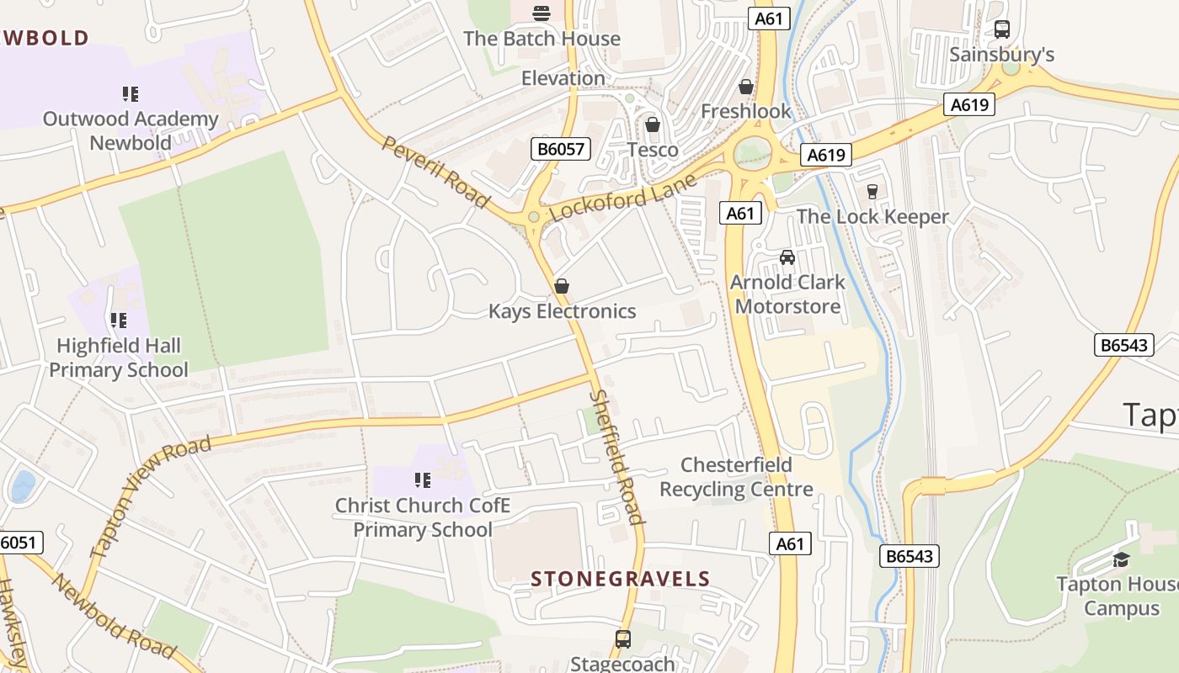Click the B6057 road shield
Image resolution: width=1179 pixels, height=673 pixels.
(562, 150)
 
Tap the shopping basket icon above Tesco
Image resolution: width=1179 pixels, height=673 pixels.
(653, 125)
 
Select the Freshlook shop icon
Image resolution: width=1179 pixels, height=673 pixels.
(745, 87)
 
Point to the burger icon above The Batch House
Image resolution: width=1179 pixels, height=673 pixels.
(541, 13)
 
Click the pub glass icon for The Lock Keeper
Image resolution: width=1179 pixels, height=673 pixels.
(872, 192)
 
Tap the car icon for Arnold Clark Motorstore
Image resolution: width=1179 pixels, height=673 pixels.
(787, 257)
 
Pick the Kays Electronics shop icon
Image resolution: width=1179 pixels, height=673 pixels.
(562, 287)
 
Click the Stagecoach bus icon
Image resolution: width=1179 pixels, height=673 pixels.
(622, 639)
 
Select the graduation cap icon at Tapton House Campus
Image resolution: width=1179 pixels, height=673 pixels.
(1121, 559)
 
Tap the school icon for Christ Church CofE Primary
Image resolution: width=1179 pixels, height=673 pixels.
(422, 480)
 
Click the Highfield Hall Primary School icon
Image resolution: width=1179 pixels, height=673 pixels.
(118, 321)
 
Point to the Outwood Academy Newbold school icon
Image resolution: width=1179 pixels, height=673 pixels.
(130, 94)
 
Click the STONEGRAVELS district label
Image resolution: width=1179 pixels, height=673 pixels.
(621, 579)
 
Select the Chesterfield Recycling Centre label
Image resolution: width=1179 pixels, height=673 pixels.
(736, 477)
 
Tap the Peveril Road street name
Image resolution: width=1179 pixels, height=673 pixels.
(435, 172)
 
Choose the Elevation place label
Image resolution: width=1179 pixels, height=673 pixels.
(563, 78)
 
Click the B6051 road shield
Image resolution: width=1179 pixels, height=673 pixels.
(18, 543)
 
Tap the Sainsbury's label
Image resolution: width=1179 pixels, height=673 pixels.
(1001, 55)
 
